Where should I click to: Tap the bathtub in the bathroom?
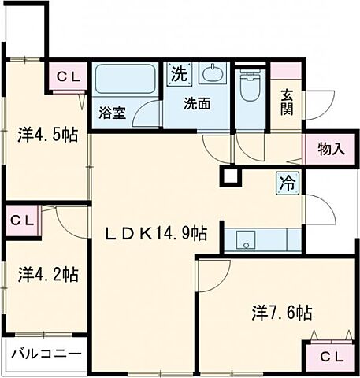pyautogui.click(x=125, y=80)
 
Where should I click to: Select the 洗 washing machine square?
pyautogui.click(x=180, y=76)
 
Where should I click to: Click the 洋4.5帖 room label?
pyautogui.click(x=47, y=135)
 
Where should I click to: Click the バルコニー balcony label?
pyautogui.click(x=46, y=354)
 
